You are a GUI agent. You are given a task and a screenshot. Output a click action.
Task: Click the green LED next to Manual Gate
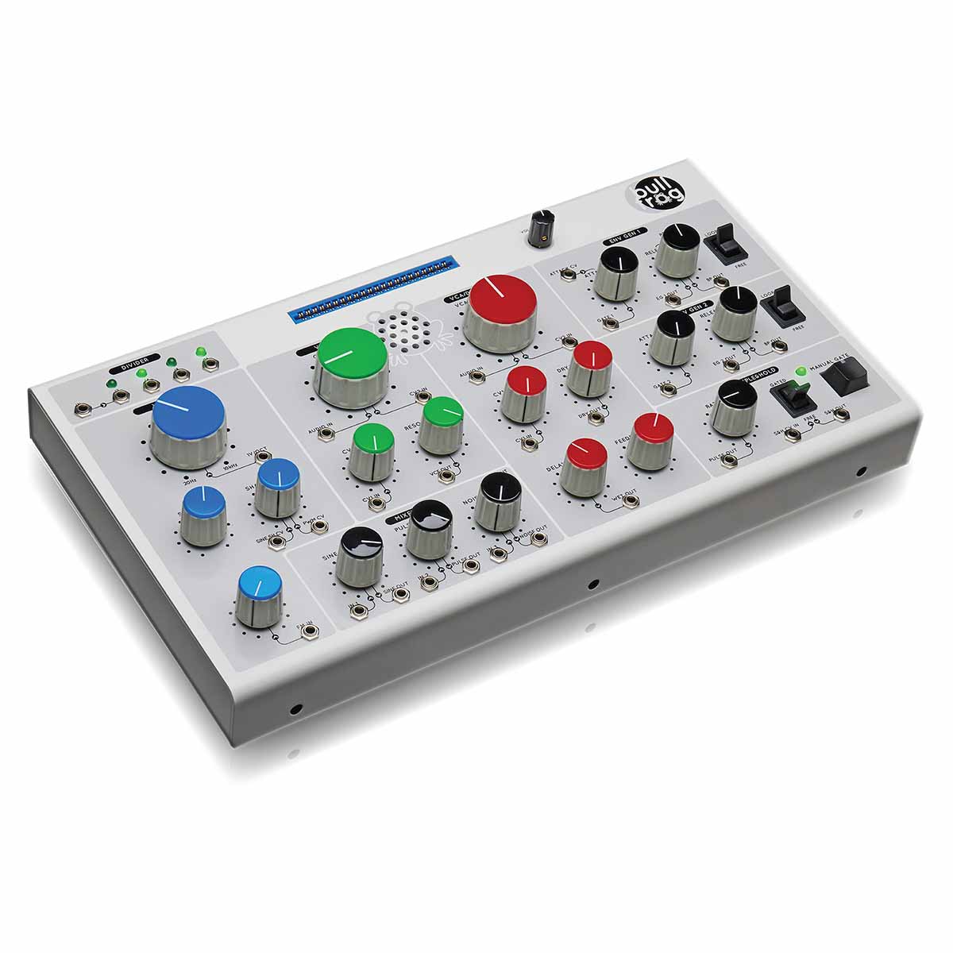point(799,371)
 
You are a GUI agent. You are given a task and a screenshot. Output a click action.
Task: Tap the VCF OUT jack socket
point(446,475)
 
